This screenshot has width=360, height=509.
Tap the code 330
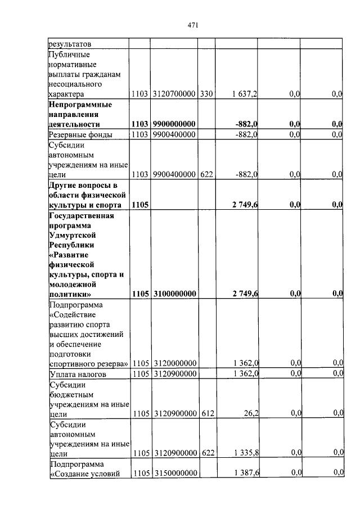tap(206, 94)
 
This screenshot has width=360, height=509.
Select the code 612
tap(206, 414)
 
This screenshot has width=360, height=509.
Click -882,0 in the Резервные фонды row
tap(246, 134)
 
